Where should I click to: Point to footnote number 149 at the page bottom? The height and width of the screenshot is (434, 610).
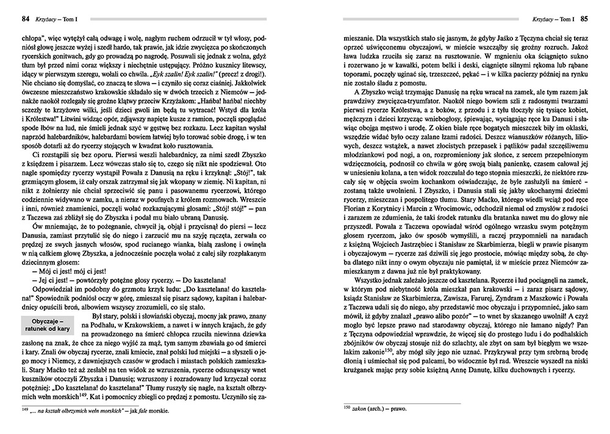tap(16, 409)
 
